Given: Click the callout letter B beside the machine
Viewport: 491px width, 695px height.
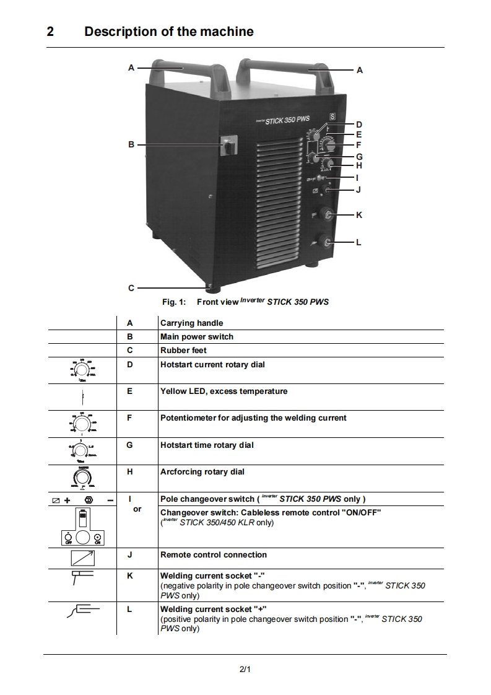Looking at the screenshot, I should (131, 144).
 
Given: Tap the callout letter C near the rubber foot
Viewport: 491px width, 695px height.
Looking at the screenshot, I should (131, 288).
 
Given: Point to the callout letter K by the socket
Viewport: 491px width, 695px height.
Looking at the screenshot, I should (359, 215).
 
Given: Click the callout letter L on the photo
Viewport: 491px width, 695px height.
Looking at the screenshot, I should (359, 242).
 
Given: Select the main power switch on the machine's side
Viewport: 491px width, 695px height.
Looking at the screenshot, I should (227, 147).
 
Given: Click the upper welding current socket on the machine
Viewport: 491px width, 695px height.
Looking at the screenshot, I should (329, 215).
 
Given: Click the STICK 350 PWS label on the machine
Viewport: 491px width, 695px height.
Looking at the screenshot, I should (287, 121).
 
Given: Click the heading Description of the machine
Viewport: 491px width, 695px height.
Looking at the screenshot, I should (168, 32).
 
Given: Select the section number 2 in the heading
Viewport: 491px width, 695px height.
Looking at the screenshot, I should (50, 32).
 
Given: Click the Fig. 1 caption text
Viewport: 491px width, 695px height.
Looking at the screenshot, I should (245, 302).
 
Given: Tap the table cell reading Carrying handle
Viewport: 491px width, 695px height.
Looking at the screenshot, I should (191, 323).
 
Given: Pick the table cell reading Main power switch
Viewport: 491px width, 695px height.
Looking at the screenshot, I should (196, 337).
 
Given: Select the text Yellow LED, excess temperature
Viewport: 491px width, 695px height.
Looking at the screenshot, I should (224, 391).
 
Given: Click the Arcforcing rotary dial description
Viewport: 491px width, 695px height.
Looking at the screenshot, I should (202, 472).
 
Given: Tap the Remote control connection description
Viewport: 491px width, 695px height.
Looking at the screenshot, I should (214, 555).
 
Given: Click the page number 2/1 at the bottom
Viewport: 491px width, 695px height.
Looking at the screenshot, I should (245, 669).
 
